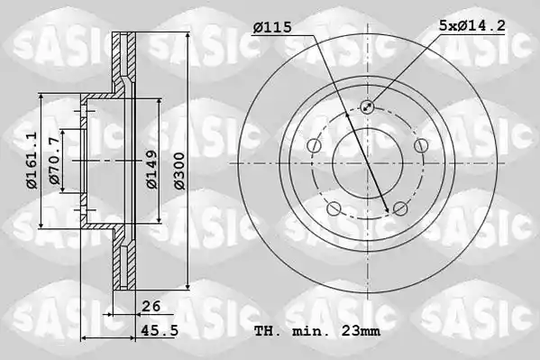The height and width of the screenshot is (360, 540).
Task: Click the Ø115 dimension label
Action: click(272, 27)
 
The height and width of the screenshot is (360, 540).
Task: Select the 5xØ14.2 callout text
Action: click(471, 25)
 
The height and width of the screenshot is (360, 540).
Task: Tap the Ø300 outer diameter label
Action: click(179, 171)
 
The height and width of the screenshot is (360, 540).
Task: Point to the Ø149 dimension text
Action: click(151, 170)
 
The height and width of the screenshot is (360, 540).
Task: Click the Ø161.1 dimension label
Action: click(32, 161)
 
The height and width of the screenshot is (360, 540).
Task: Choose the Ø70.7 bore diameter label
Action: click(54, 161)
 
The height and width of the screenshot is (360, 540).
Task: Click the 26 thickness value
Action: click(151, 306)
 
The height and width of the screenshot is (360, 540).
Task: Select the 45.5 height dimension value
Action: click(160, 331)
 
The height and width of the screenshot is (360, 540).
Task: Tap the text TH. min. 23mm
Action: click(317, 331)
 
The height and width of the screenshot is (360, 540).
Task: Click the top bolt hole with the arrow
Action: click(367, 106)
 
